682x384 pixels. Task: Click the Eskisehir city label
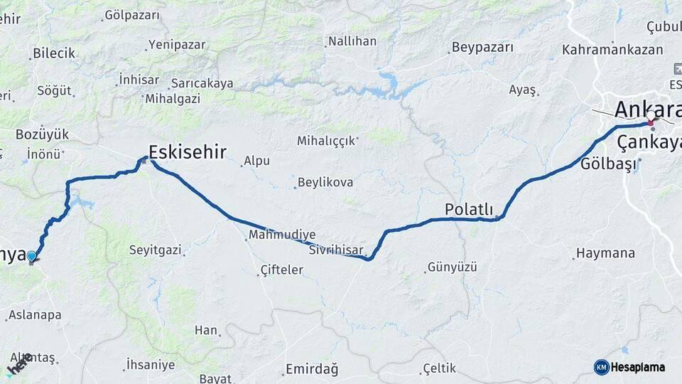coord(188,151)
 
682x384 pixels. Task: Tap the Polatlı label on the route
coord(468,209)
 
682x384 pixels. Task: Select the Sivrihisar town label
coord(336,251)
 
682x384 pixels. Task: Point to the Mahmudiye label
coord(282,235)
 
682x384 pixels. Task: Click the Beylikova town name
coord(325,183)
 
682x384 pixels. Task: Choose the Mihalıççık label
coord(325,141)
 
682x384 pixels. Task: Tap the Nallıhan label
coord(352,41)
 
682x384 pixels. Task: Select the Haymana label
coord(605,253)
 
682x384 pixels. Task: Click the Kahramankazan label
coord(612,50)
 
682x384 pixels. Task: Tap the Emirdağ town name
coord(311,368)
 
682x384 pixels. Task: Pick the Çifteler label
coord(282,270)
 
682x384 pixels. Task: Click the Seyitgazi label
coord(156,250)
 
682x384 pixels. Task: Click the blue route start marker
coord(31,256)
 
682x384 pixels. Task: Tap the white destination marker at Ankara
coord(651,115)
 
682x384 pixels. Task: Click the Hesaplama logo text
coord(638,367)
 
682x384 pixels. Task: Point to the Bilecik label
coord(54,53)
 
